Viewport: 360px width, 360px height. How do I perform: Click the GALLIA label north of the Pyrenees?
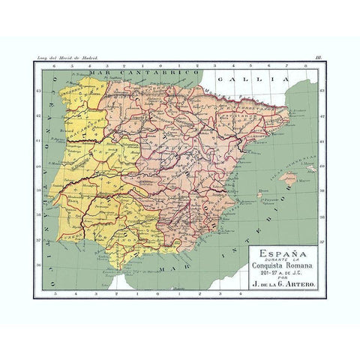coord(247,78)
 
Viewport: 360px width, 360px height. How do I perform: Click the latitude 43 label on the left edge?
coord(37,88)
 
